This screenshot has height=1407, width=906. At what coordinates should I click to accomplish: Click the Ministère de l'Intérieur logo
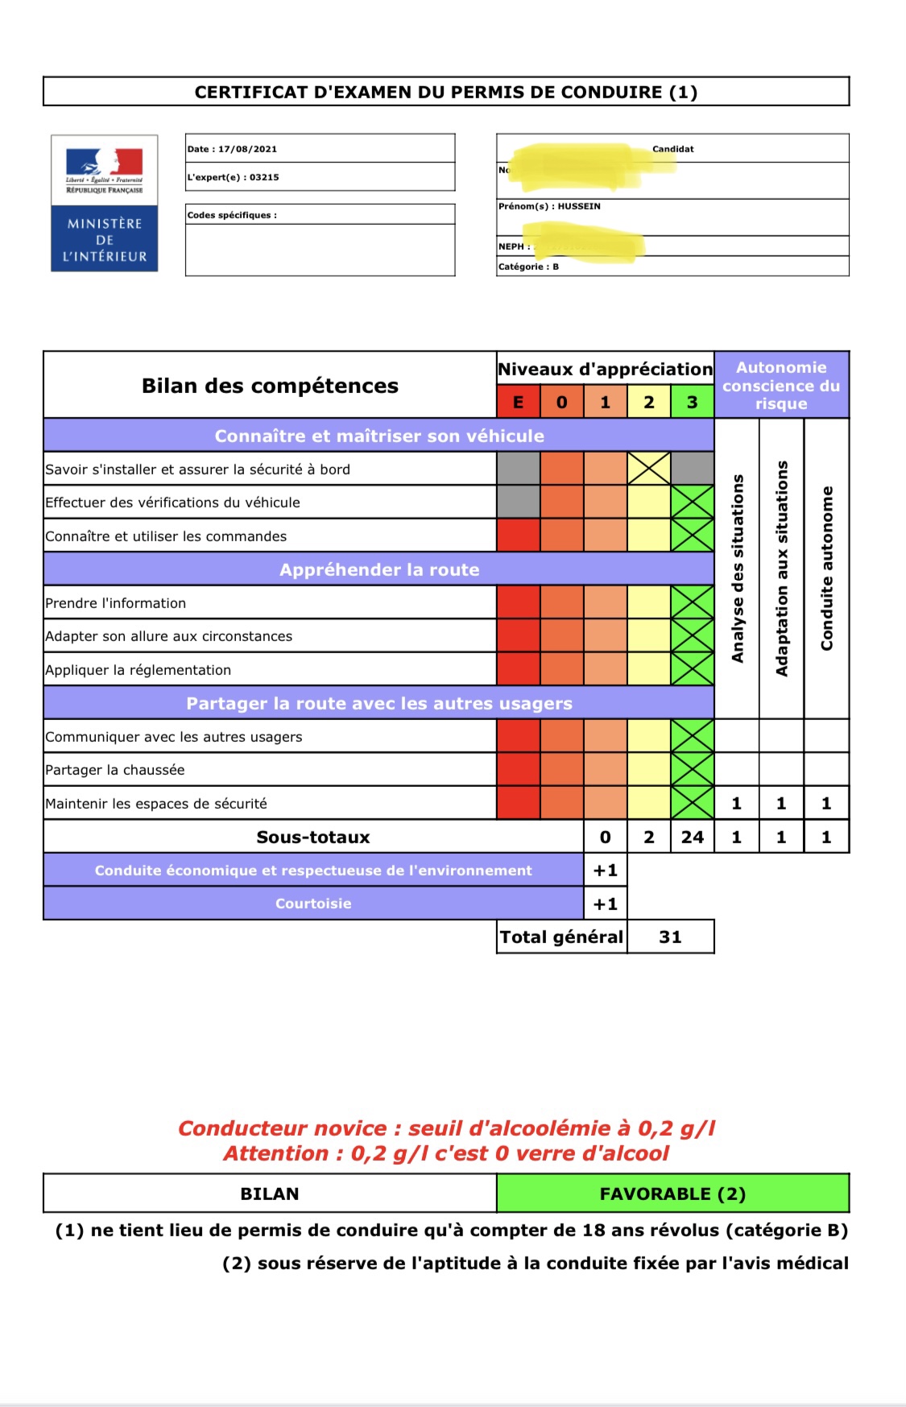point(104,203)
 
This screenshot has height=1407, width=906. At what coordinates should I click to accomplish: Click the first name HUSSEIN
point(578,206)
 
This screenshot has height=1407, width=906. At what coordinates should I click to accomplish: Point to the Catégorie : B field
point(528,267)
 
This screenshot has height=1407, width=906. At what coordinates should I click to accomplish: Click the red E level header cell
point(518,402)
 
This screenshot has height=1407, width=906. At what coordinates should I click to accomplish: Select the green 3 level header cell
point(692,402)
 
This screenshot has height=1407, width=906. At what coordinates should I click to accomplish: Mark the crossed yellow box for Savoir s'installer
point(648,469)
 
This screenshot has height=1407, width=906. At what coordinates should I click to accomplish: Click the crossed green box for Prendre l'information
point(692,602)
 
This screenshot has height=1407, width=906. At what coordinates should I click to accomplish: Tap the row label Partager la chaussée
point(115,770)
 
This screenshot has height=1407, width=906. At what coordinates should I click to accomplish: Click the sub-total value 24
point(692,837)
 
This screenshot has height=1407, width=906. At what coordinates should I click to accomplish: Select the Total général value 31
point(670,937)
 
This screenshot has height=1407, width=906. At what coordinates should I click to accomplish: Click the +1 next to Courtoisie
point(605,904)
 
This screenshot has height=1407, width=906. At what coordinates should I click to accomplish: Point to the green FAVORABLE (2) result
point(672,1194)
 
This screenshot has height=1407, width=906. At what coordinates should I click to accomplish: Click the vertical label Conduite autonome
point(826,569)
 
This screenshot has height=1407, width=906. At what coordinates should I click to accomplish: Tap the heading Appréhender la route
point(379,569)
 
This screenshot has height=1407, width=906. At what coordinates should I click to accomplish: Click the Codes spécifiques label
point(232,215)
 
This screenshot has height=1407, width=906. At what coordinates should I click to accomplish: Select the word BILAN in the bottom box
point(270,1194)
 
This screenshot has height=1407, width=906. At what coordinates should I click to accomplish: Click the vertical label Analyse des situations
point(737,569)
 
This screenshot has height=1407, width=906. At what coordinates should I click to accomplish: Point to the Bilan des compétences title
point(270,386)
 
